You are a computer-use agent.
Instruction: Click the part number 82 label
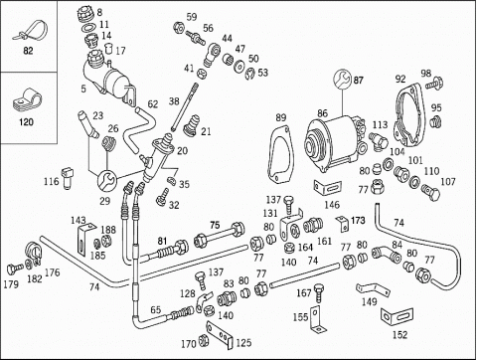(x=28, y=51)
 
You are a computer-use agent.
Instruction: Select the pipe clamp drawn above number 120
(x=27, y=98)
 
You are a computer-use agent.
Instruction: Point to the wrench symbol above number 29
(x=106, y=181)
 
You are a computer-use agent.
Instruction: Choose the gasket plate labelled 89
(x=280, y=153)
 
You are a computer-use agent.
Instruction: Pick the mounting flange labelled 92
(x=409, y=116)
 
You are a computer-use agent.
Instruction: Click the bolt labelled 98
(x=434, y=83)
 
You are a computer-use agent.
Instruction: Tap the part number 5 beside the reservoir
(x=83, y=89)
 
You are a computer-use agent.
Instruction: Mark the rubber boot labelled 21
(x=192, y=124)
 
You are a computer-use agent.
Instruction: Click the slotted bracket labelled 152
(x=397, y=316)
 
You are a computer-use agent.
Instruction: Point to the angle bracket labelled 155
(x=316, y=319)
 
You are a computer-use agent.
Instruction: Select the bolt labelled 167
(x=319, y=292)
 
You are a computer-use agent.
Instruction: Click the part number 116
(x=52, y=181)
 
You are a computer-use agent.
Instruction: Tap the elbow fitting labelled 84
(x=386, y=254)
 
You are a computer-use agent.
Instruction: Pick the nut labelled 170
(x=204, y=341)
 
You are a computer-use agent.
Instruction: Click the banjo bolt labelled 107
(x=431, y=191)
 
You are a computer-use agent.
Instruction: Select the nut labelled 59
(x=179, y=27)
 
